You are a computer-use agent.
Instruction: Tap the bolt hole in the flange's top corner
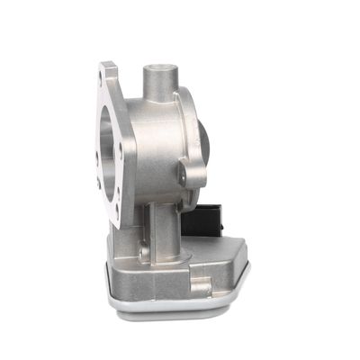click(x=109, y=73)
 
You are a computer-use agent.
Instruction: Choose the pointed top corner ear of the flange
click(x=109, y=67)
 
